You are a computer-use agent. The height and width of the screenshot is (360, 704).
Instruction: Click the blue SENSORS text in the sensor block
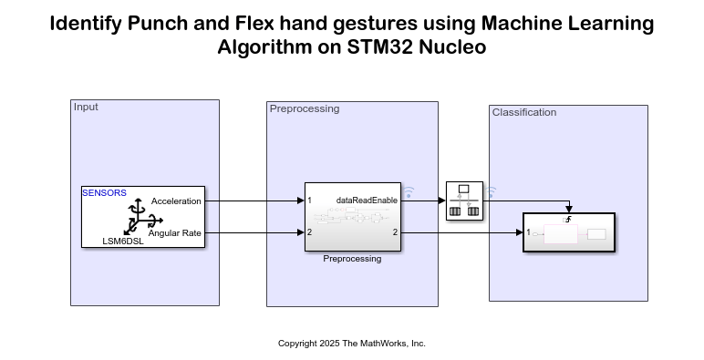point(104,192)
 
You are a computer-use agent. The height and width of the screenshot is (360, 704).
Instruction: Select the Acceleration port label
point(176,201)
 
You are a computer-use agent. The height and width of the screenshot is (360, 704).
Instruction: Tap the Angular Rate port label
point(174,233)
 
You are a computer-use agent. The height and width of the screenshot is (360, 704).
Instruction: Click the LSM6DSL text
point(124,242)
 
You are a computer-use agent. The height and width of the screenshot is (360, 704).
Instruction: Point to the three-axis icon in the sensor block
point(142,220)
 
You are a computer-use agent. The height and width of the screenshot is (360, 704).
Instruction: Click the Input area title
point(86,107)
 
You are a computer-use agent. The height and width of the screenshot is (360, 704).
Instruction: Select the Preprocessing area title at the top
point(305,108)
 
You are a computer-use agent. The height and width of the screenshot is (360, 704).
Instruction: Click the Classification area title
point(523,112)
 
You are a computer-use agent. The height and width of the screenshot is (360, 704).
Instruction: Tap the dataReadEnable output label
point(367,200)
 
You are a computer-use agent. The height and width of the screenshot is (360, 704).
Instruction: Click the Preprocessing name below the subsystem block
point(352,259)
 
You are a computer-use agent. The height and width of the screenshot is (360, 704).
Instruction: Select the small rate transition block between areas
point(464,201)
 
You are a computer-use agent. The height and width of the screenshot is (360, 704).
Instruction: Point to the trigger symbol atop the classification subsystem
point(569,220)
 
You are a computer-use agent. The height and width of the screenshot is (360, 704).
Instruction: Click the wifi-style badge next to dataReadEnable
point(409,192)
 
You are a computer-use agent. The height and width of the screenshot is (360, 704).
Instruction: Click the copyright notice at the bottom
point(352,344)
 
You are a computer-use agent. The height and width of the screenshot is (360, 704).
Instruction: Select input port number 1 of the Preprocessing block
point(310,201)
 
